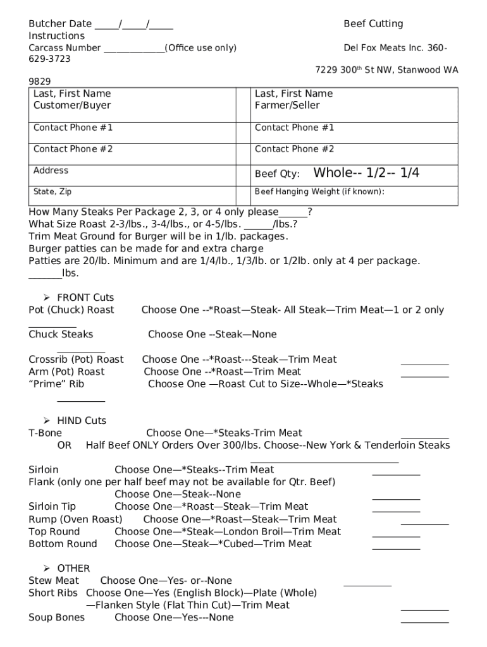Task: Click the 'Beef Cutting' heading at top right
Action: tap(373, 24)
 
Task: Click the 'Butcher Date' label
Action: tap(60, 24)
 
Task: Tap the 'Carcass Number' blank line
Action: tap(133, 49)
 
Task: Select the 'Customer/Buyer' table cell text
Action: tap(72, 106)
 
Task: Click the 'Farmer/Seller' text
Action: tap(287, 106)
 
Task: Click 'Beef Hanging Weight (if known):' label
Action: tap(319, 192)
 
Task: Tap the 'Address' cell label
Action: tap(51, 171)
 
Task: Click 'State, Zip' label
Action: tap(56, 191)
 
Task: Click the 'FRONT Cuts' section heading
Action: tap(85, 298)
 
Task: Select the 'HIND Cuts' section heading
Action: tap(82, 421)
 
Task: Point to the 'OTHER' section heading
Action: tap(73, 569)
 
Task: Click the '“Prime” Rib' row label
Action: tap(56, 384)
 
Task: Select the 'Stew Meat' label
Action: tap(54, 581)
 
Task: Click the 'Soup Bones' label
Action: tap(56, 617)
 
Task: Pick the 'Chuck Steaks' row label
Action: tap(61, 335)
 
